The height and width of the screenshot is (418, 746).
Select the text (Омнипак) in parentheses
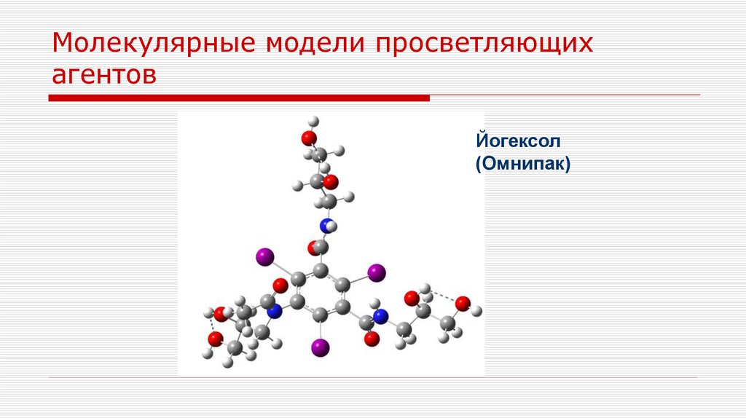[522, 165]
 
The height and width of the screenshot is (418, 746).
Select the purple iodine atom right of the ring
[376, 273]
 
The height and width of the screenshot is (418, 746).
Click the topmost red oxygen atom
[309, 138]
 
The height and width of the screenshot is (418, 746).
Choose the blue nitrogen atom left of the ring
[274, 312]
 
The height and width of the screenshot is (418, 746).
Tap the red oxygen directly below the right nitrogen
[372, 339]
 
